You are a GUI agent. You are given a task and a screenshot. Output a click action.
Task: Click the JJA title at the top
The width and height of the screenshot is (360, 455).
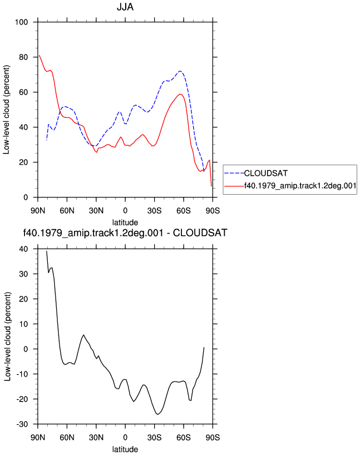tap(125, 7)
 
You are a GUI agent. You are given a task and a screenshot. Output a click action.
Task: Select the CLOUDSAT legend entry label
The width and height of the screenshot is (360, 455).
tap(265, 173)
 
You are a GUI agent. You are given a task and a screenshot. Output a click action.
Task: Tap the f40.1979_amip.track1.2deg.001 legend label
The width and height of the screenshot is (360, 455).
tap(300, 185)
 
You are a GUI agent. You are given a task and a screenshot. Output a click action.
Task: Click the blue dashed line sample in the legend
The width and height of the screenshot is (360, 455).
tap(234, 173)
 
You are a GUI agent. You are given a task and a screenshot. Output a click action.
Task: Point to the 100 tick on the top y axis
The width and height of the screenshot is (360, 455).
tap(22, 22)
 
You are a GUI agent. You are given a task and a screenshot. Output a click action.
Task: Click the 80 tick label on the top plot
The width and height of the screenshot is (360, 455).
tap(23, 57)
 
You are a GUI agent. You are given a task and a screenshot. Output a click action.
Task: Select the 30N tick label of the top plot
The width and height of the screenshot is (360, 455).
tap(96, 210)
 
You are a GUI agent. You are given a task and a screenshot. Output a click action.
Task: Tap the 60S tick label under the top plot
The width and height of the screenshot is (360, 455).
tap(184, 210)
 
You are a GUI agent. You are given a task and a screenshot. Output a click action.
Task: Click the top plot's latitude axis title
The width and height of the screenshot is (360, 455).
tap(125, 222)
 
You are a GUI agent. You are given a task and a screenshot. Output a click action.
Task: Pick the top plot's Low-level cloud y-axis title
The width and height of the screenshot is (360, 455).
tap(6, 110)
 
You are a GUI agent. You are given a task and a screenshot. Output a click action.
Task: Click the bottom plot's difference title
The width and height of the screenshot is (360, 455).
tap(125, 233)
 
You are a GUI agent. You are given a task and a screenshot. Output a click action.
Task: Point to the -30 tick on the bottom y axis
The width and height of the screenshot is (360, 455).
tap(22, 424)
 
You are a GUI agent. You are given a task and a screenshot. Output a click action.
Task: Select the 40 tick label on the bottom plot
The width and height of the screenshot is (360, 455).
tap(23, 249)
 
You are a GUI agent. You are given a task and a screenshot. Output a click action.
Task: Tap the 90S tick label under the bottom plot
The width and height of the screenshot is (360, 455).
tap(213, 437)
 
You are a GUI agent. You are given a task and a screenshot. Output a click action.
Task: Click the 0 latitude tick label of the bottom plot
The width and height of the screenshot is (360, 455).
tap(125, 437)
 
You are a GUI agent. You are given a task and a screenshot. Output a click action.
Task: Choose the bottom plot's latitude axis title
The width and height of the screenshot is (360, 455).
tap(125, 449)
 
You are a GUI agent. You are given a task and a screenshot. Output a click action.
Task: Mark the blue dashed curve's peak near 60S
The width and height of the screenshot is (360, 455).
tap(180, 71)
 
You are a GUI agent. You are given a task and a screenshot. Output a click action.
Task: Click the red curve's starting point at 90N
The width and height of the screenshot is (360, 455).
tap(39, 55)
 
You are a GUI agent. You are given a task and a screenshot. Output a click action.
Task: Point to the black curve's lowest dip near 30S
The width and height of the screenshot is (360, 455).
tap(157, 414)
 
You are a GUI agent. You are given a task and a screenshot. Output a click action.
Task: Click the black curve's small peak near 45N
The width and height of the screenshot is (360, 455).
tap(83, 335)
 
